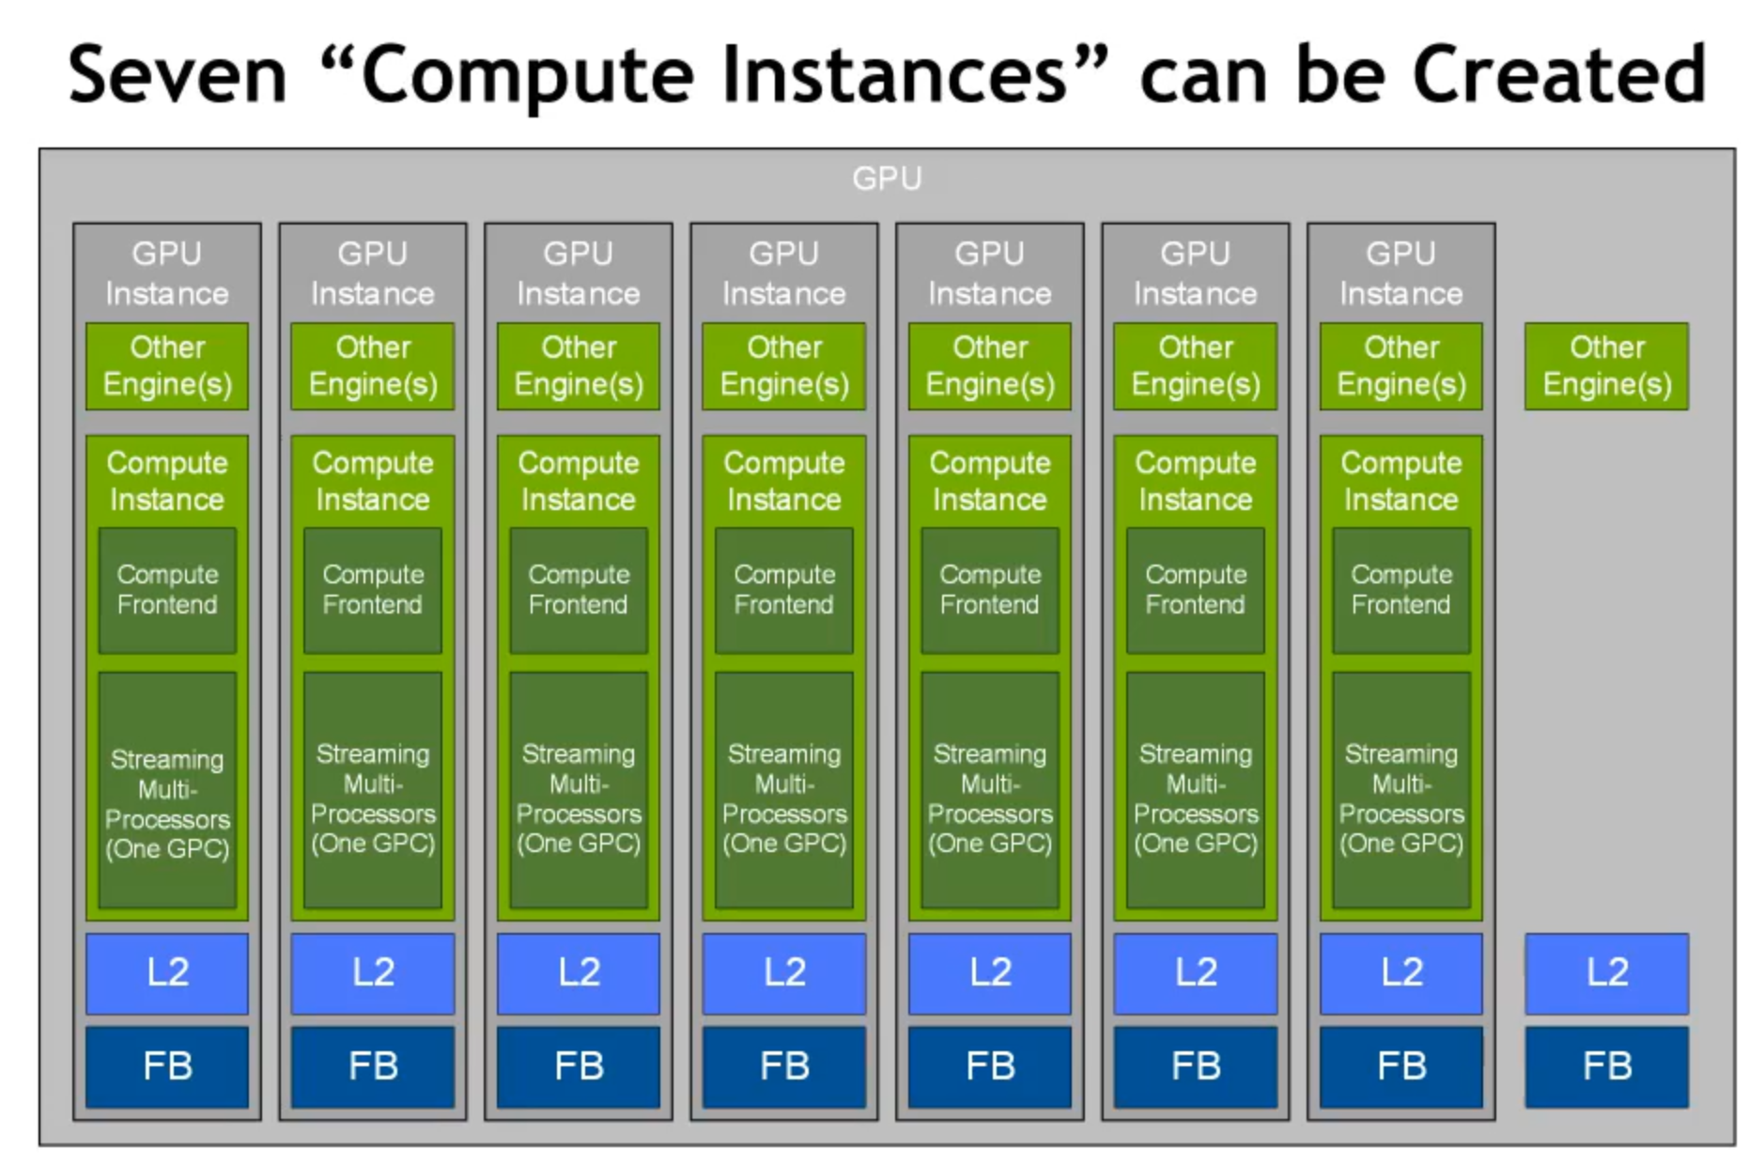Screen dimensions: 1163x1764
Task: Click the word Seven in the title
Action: [x=177, y=75]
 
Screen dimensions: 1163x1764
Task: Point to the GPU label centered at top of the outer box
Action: [x=887, y=178]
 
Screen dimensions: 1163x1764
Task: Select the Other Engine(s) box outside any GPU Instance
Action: [x=1606, y=366]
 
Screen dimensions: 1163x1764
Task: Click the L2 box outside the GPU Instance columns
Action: [x=1606, y=973]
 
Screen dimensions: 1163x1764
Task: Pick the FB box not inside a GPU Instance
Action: [x=1606, y=1066]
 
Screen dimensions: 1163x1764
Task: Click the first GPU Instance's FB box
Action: [x=167, y=1066]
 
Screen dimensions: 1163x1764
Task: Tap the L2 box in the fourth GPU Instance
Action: [x=784, y=973]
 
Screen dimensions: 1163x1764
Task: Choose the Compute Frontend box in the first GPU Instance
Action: [x=167, y=590]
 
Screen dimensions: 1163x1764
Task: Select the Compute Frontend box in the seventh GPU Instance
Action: [x=1400, y=590]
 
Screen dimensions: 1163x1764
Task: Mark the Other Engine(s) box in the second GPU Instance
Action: [x=373, y=366]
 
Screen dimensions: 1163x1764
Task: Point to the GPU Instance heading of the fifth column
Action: [x=990, y=273]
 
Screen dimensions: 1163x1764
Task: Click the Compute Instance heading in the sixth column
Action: [x=1195, y=481]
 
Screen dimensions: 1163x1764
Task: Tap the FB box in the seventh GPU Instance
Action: [x=1400, y=1066]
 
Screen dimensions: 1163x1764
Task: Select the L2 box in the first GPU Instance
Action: [x=167, y=973]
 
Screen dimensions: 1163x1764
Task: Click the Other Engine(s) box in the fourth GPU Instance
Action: [x=784, y=366]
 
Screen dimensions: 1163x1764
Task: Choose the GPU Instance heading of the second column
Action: [x=373, y=273]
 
